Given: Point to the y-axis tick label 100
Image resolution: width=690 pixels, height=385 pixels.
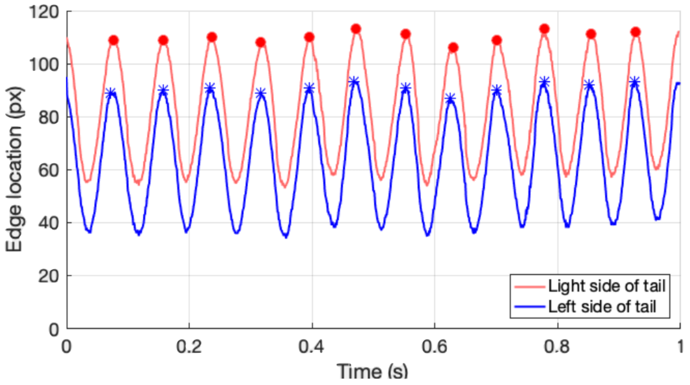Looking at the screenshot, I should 44,65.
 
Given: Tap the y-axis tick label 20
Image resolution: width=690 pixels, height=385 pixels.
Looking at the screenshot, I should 49,276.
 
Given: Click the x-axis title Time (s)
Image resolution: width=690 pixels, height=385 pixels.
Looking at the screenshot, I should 372,372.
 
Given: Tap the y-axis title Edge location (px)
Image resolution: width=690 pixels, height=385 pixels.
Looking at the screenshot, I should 14,169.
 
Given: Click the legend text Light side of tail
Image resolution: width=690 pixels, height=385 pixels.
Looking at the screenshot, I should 607,286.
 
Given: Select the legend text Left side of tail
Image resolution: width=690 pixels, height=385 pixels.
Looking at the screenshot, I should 602,307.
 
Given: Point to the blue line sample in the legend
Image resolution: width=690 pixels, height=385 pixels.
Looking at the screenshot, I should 529,307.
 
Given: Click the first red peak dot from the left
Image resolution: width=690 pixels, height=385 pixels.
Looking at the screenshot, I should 114,40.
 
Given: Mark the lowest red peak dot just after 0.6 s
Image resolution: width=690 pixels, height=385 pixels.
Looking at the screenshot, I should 453,48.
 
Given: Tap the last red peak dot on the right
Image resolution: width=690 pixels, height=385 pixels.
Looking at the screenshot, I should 635,32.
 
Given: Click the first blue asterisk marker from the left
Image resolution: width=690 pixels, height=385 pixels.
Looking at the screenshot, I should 111,93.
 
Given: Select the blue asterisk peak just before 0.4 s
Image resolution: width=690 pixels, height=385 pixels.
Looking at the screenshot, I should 309,88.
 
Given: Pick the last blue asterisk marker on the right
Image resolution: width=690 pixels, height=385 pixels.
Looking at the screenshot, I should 634,82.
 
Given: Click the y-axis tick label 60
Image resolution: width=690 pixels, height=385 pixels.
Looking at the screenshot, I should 49,170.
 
